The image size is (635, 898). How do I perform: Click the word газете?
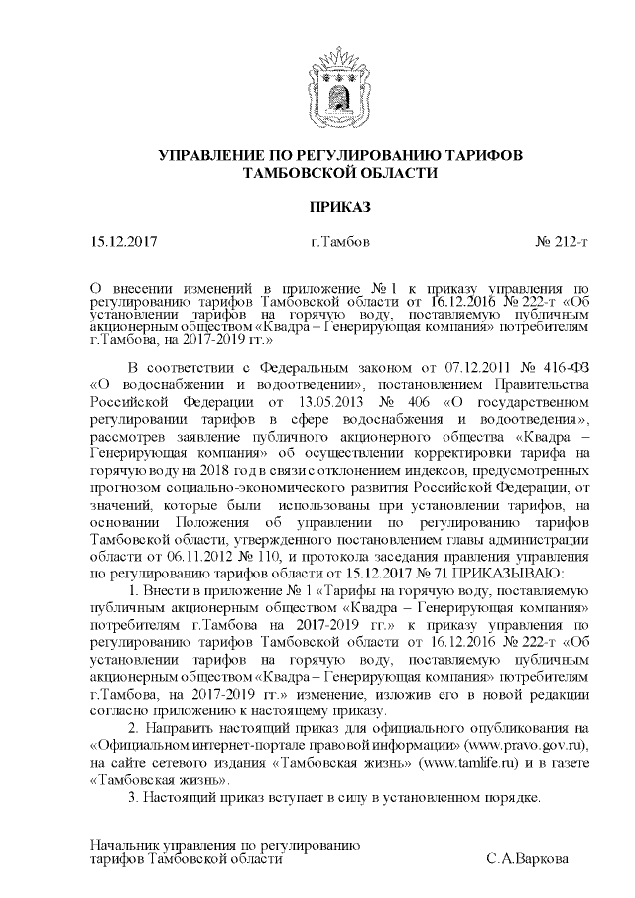point(571,761)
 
